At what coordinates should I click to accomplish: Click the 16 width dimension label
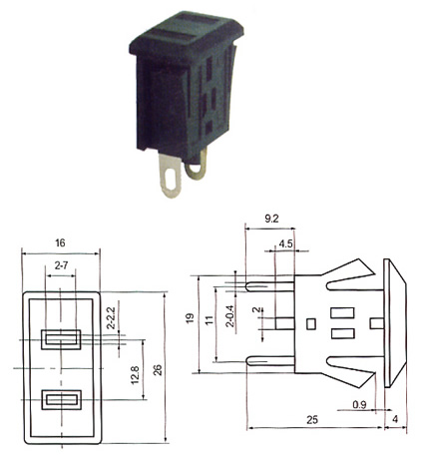tap(60, 242)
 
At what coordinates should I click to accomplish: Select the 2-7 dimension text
tap(61, 265)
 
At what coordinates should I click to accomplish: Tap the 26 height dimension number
tap(158, 370)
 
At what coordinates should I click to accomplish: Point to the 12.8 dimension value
tap(136, 375)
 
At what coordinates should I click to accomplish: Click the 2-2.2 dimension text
tap(112, 317)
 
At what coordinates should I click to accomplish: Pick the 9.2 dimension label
tap(271, 219)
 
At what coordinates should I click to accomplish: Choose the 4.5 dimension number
tap(285, 243)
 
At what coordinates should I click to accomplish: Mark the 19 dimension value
tap(190, 318)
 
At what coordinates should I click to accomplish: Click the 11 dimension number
tap(209, 320)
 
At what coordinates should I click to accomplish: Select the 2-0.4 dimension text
tap(229, 316)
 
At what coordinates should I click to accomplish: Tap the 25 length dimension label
tap(312, 420)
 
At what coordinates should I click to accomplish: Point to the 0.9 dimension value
tap(359, 404)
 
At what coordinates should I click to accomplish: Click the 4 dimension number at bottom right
tap(395, 419)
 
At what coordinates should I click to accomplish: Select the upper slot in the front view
tap(61, 339)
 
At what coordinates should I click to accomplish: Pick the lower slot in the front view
tap(61, 399)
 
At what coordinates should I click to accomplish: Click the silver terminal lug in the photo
tap(171, 176)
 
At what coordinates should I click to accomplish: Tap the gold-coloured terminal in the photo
tap(197, 167)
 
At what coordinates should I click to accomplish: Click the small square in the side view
tap(311, 324)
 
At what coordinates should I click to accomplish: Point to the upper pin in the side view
tap(270, 286)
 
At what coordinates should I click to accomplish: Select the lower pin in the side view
tap(270, 361)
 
